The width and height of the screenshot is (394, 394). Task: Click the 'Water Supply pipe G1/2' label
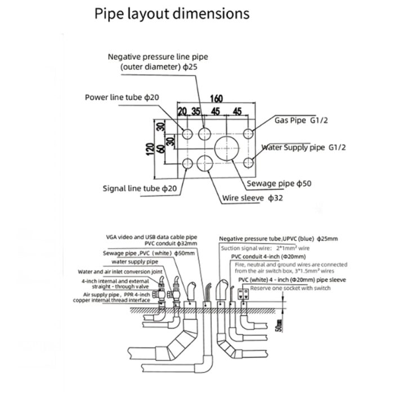point(304,147)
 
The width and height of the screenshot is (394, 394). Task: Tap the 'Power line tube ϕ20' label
point(122,97)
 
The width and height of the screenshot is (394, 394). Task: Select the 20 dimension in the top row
point(182,110)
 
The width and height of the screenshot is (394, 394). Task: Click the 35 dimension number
point(195,110)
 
